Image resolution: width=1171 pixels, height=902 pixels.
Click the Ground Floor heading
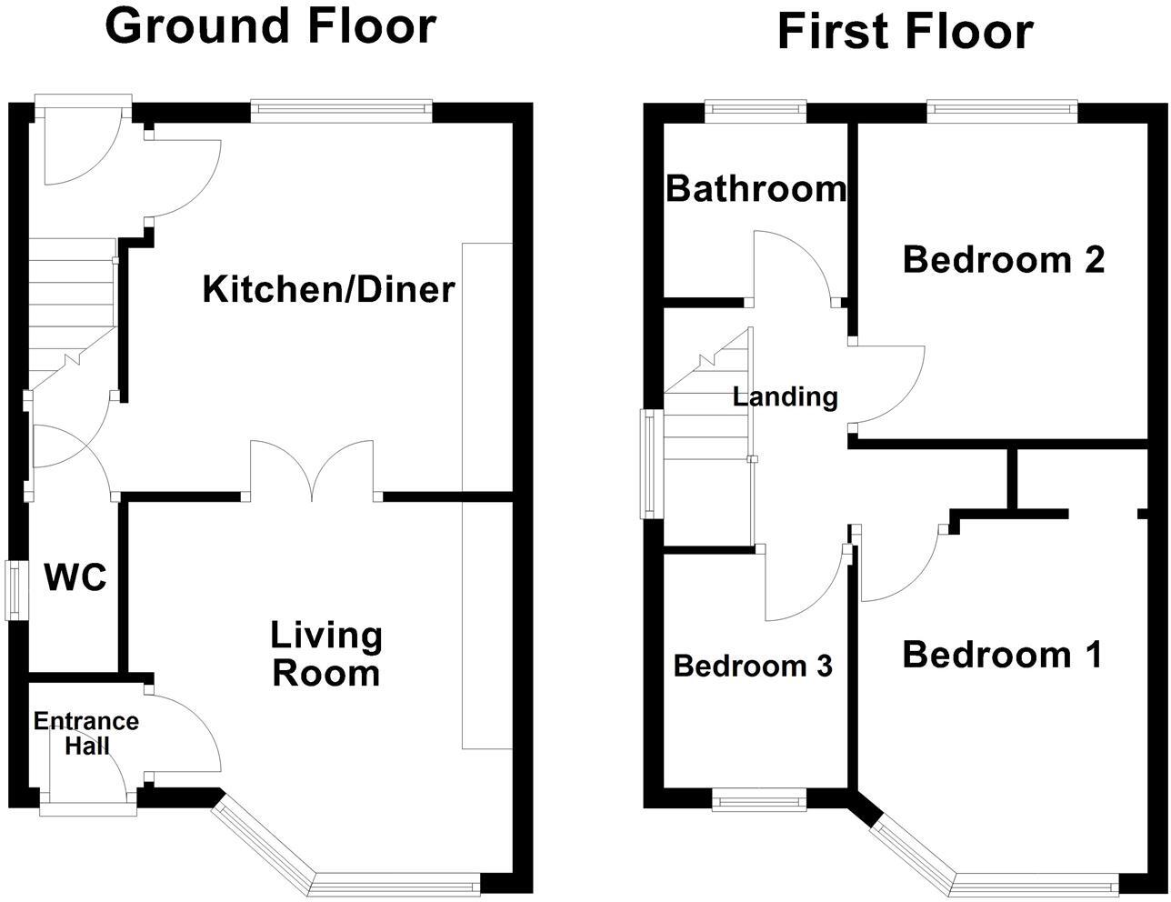[x=270, y=25]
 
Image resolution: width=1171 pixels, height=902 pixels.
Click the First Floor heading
[x=905, y=32]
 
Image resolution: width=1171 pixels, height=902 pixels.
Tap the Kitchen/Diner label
[x=328, y=290]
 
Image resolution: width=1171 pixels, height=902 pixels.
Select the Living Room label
[x=326, y=655]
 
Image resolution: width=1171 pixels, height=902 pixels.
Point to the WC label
[x=75, y=577]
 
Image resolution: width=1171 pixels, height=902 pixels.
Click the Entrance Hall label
[x=86, y=734]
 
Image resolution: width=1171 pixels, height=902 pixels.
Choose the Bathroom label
[x=756, y=189]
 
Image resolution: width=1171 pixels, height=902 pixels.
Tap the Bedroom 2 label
[x=1003, y=260]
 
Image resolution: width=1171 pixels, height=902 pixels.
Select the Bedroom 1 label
[x=1001, y=655]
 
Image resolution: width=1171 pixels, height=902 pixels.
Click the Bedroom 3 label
[x=753, y=666]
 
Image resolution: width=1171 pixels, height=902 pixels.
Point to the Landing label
[x=785, y=397]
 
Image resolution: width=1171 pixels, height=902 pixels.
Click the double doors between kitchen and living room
[x=312, y=470]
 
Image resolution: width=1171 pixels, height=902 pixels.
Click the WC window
[x=15, y=591]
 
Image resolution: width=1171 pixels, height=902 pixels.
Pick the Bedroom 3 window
[x=758, y=801]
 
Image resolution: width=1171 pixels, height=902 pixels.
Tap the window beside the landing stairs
[x=650, y=464]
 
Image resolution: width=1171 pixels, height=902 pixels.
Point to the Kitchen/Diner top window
[x=340, y=110]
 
